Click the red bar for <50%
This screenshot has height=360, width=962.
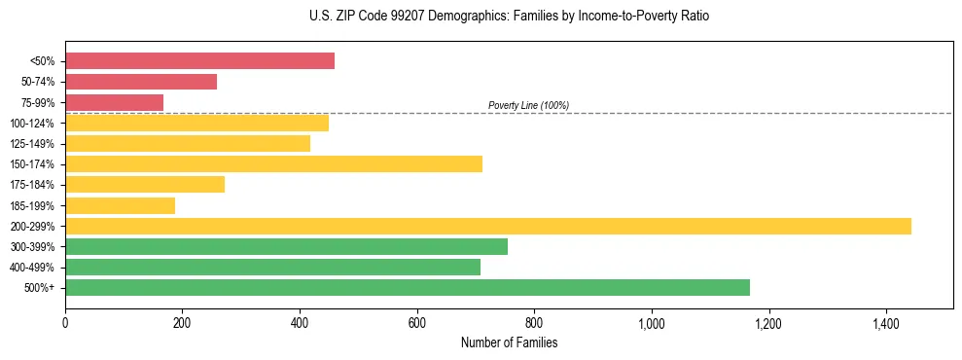(x=199, y=61)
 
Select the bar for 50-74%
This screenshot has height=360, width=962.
(x=141, y=82)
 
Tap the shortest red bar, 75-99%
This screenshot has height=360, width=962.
(x=114, y=102)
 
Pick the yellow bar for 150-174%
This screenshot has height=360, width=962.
(x=273, y=163)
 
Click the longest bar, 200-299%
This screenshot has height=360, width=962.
(x=488, y=226)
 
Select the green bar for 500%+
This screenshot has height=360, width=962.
(x=408, y=287)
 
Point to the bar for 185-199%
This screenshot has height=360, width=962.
(x=120, y=205)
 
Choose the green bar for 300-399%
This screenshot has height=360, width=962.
(x=286, y=246)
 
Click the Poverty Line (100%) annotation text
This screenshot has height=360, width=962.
(x=528, y=105)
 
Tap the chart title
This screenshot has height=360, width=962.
(x=481, y=17)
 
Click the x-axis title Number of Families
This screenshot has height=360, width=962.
(x=509, y=342)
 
